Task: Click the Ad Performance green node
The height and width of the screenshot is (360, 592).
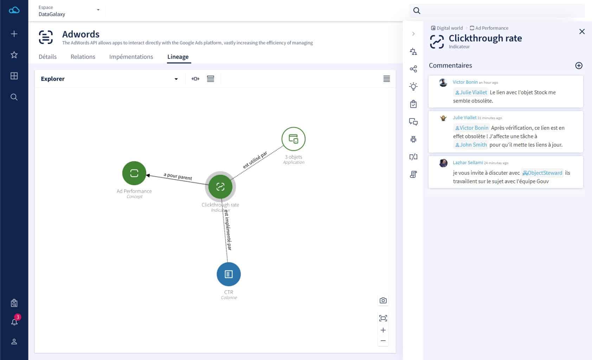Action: (134, 173)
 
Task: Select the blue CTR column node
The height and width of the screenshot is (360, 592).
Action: (229, 274)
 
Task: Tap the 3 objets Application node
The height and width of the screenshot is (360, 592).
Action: (293, 139)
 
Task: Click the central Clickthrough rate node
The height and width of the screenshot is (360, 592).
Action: (220, 187)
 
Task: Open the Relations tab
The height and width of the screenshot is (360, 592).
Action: (83, 57)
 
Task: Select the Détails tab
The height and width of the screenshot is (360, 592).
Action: (47, 57)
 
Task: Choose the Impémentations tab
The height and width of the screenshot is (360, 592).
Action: (131, 57)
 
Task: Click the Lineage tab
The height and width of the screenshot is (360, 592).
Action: (178, 57)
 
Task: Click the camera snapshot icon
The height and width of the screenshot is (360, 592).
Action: (383, 301)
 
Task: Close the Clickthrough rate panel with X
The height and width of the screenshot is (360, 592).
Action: (582, 32)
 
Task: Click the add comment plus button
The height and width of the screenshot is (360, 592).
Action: (579, 65)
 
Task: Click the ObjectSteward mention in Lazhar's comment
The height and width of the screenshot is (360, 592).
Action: (542, 173)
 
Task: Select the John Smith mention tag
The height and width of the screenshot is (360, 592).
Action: (471, 144)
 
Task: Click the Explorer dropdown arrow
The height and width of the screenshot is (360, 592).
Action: (176, 79)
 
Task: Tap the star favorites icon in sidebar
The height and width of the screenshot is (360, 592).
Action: (14, 55)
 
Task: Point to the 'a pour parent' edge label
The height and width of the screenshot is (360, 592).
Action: (178, 176)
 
